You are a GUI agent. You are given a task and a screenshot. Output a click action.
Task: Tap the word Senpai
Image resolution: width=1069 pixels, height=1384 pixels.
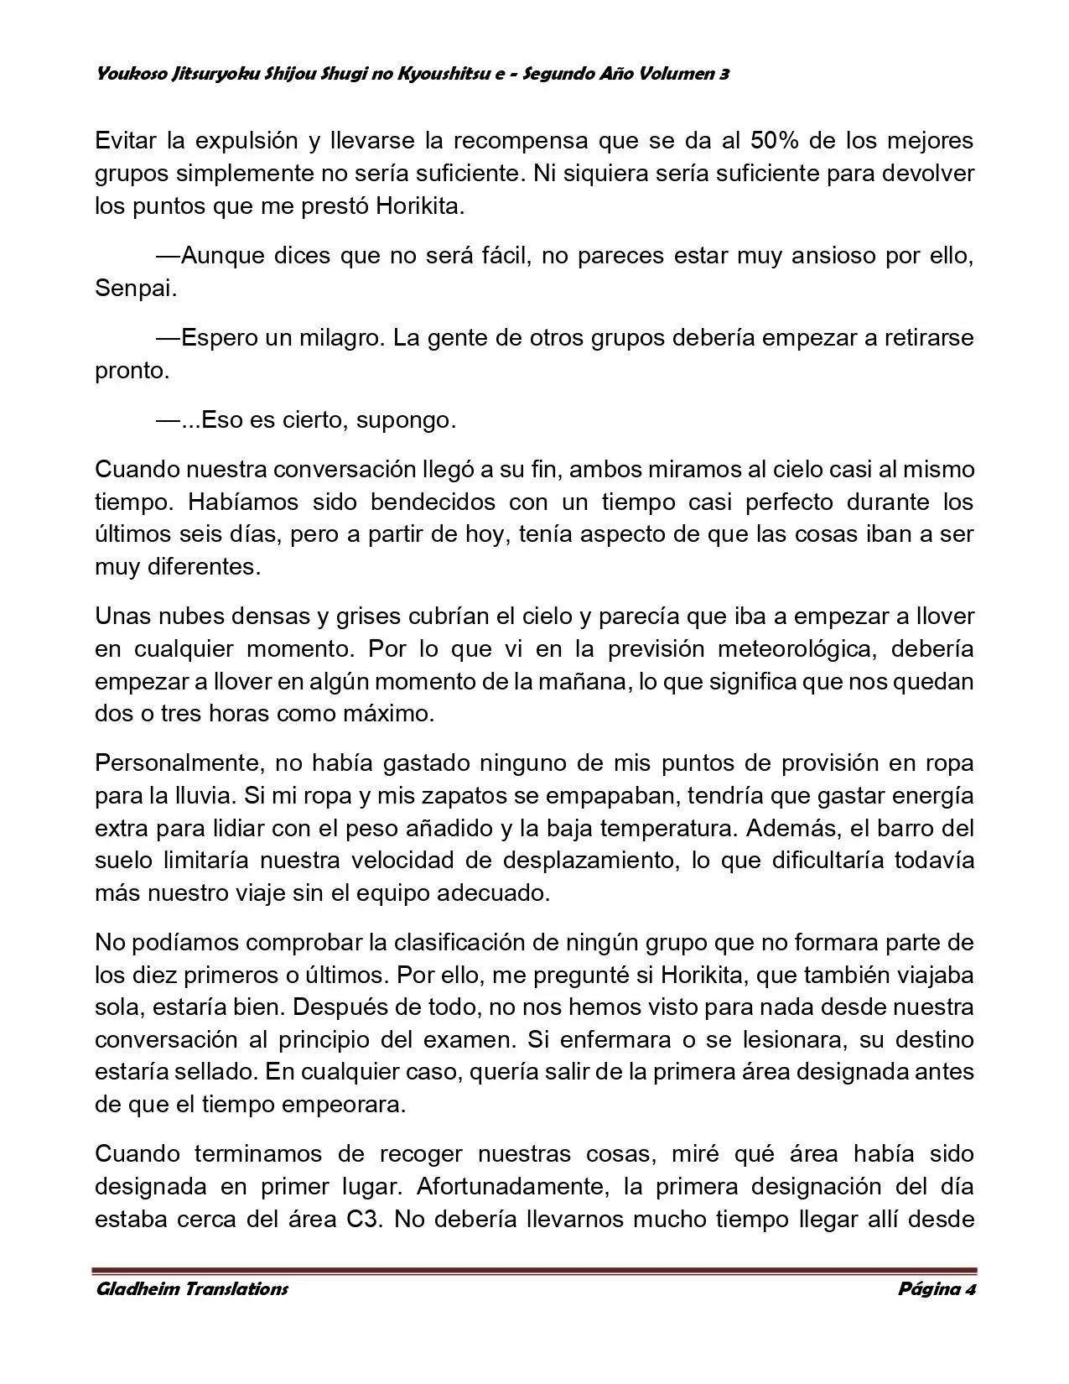pyautogui.click(x=136, y=289)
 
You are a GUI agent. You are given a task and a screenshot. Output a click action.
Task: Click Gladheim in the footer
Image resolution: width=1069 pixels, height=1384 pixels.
pyautogui.click(x=138, y=1288)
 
